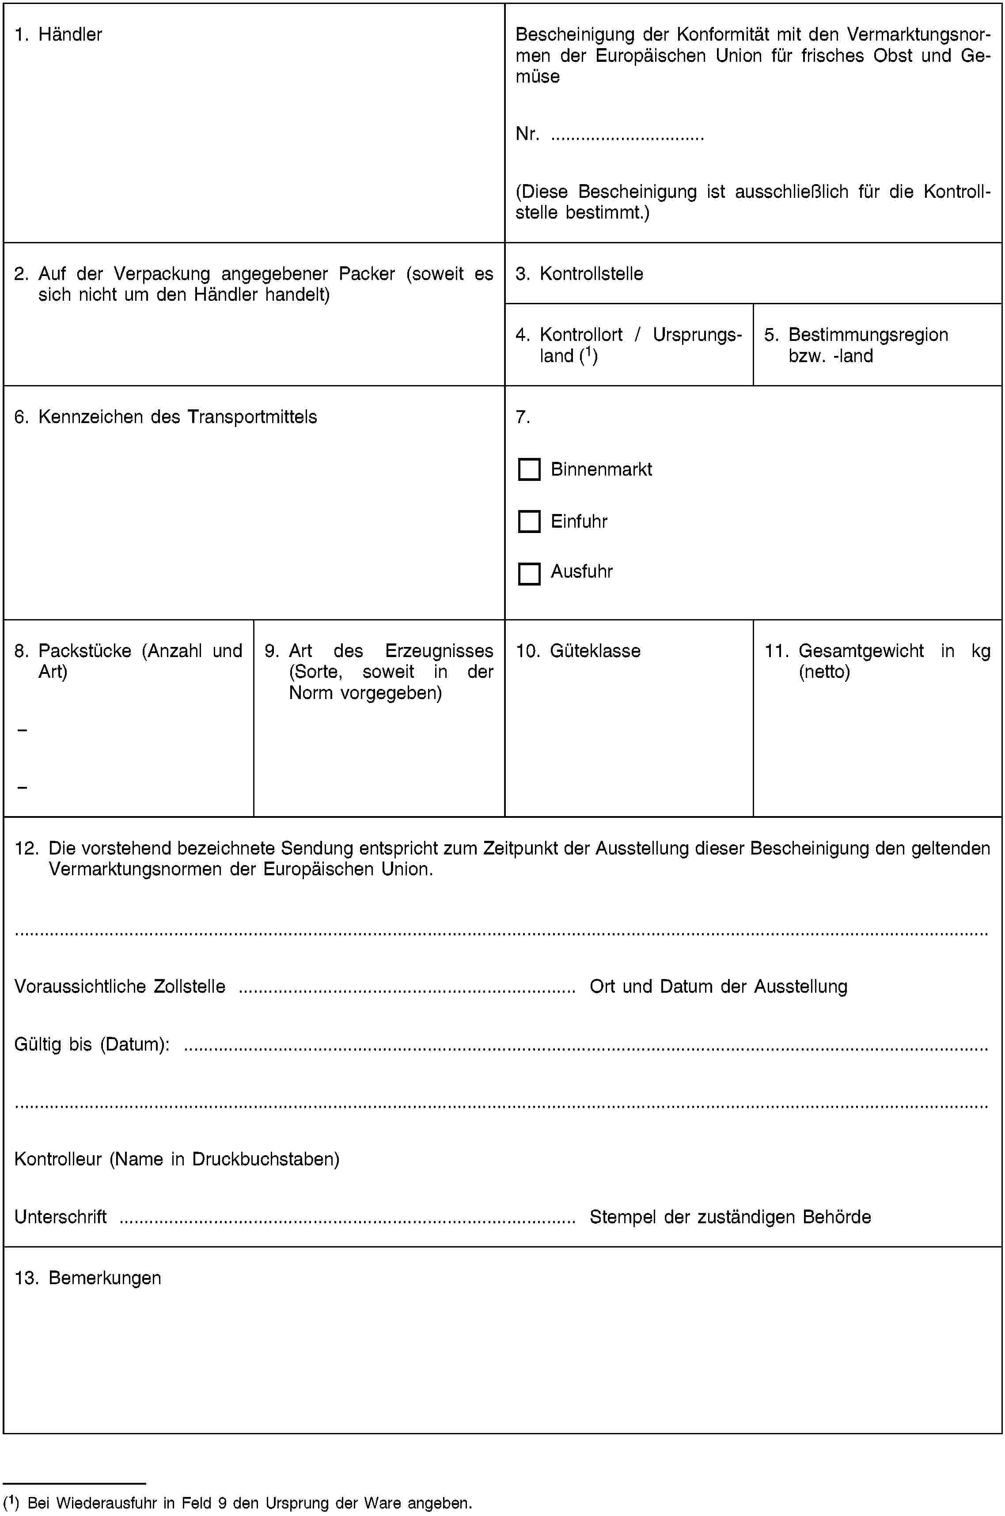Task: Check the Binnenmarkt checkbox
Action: tap(529, 470)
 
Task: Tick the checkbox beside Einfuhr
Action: tap(529, 522)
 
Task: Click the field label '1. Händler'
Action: tap(58, 34)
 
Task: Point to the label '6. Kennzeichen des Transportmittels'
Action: tap(165, 417)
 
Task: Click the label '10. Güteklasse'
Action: tap(578, 651)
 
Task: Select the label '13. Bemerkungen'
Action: tap(88, 1278)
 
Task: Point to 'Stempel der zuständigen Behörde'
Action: tap(730, 1217)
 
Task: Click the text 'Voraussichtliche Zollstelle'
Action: tap(120, 986)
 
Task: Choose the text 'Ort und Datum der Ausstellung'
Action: tap(718, 986)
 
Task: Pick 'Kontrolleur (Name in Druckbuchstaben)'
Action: tap(177, 1158)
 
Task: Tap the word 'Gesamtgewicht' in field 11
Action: tap(861, 651)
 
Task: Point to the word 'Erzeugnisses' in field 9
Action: tap(439, 651)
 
